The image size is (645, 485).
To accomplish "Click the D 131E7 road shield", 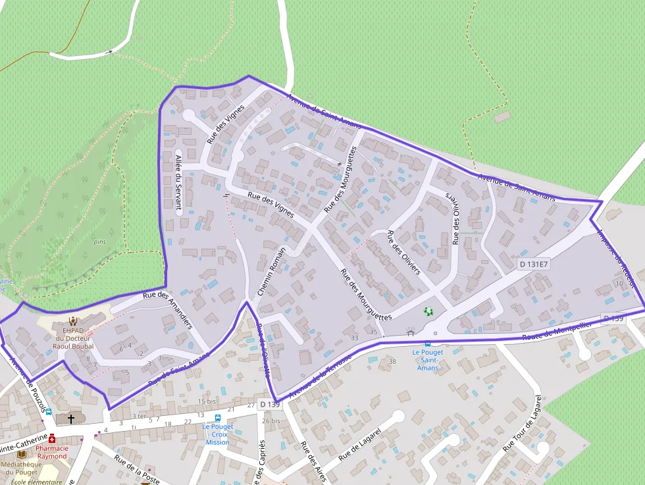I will (x=533, y=264).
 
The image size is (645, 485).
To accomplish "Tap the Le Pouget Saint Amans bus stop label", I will (x=428, y=359).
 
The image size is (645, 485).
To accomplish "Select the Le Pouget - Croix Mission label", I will (x=218, y=434).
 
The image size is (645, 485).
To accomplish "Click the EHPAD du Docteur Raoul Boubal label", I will (x=74, y=338).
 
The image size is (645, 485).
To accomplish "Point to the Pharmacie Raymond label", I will (x=52, y=452).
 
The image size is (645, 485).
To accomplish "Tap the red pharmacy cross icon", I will (x=52, y=438).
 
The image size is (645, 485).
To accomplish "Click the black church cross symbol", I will (x=71, y=419).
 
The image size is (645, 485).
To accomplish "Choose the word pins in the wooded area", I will (x=99, y=242).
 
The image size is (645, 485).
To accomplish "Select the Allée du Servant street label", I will (x=178, y=182).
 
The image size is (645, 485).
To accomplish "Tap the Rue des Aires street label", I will (x=313, y=461).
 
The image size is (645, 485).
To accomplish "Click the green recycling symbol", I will (x=429, y=311).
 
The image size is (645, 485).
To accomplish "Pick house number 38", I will (x=393, y=361).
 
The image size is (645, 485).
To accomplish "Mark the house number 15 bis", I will (x=207, y=401).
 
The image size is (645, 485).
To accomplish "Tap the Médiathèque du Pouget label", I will (x=21, y=467).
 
